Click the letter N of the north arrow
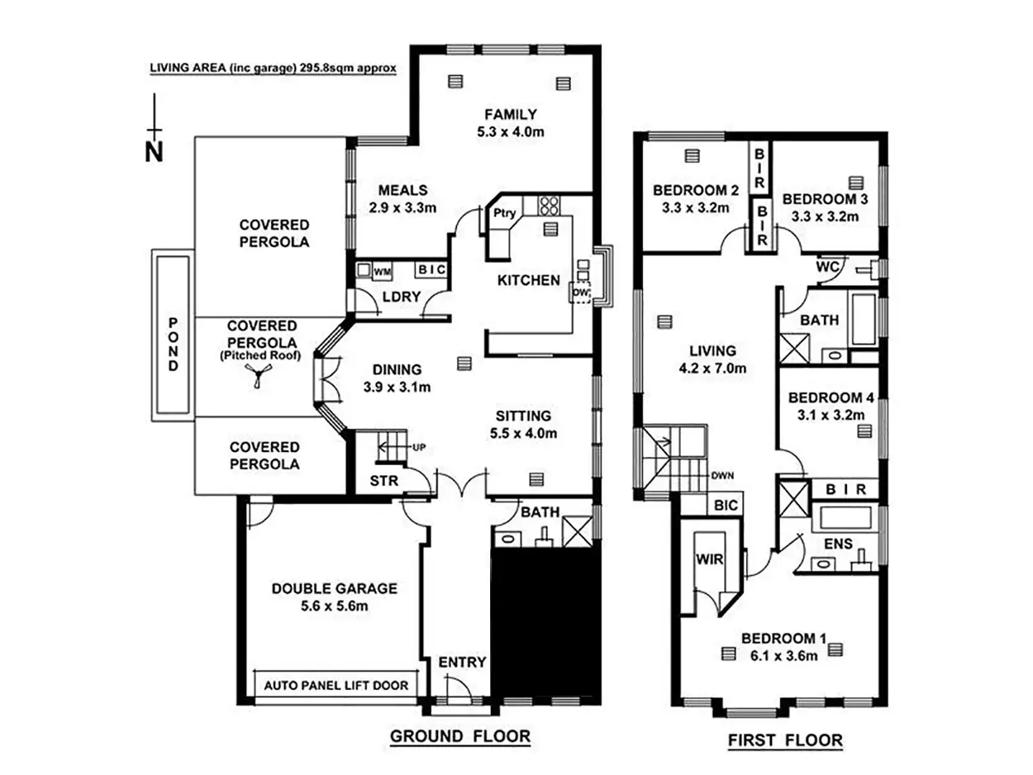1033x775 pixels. click(153, 152)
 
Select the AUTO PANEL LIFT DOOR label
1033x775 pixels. click(336, 685)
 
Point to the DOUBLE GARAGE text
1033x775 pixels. click(335, 589)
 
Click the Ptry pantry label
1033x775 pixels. click(504, 212)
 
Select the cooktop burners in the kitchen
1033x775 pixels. click(549, 203)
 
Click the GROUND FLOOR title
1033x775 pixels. click(459, 736)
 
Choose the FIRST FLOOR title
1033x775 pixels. click(785, 740)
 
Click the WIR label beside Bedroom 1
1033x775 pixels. click(711, 559)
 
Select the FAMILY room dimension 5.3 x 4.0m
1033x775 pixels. click(512, 131)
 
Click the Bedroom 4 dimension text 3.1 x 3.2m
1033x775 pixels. click(831, 415)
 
